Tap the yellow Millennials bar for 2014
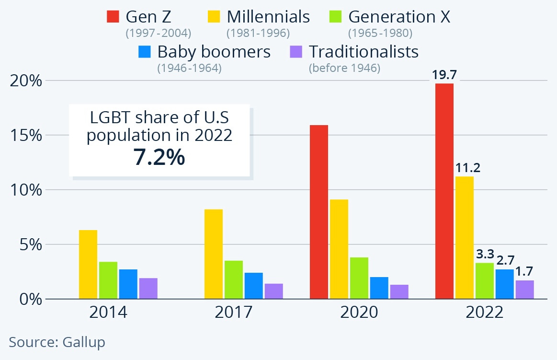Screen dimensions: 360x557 click(88, 264)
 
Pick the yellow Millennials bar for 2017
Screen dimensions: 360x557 click(214, 254)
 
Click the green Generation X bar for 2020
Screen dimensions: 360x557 click(359, 278)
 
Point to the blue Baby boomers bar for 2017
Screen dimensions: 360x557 click(254, 286)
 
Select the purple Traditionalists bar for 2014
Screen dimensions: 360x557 click(148, 288)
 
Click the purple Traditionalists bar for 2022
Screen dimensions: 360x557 click(524, 290)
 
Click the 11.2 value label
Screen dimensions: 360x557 click(464, 168)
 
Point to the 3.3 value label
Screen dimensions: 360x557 click(484, 254)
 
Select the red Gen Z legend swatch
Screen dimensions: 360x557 click(113, 17)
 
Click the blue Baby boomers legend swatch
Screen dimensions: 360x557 click(145, 51)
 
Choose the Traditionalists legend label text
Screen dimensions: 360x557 click(364, 51)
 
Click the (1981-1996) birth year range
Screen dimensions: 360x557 click(258, 34)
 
